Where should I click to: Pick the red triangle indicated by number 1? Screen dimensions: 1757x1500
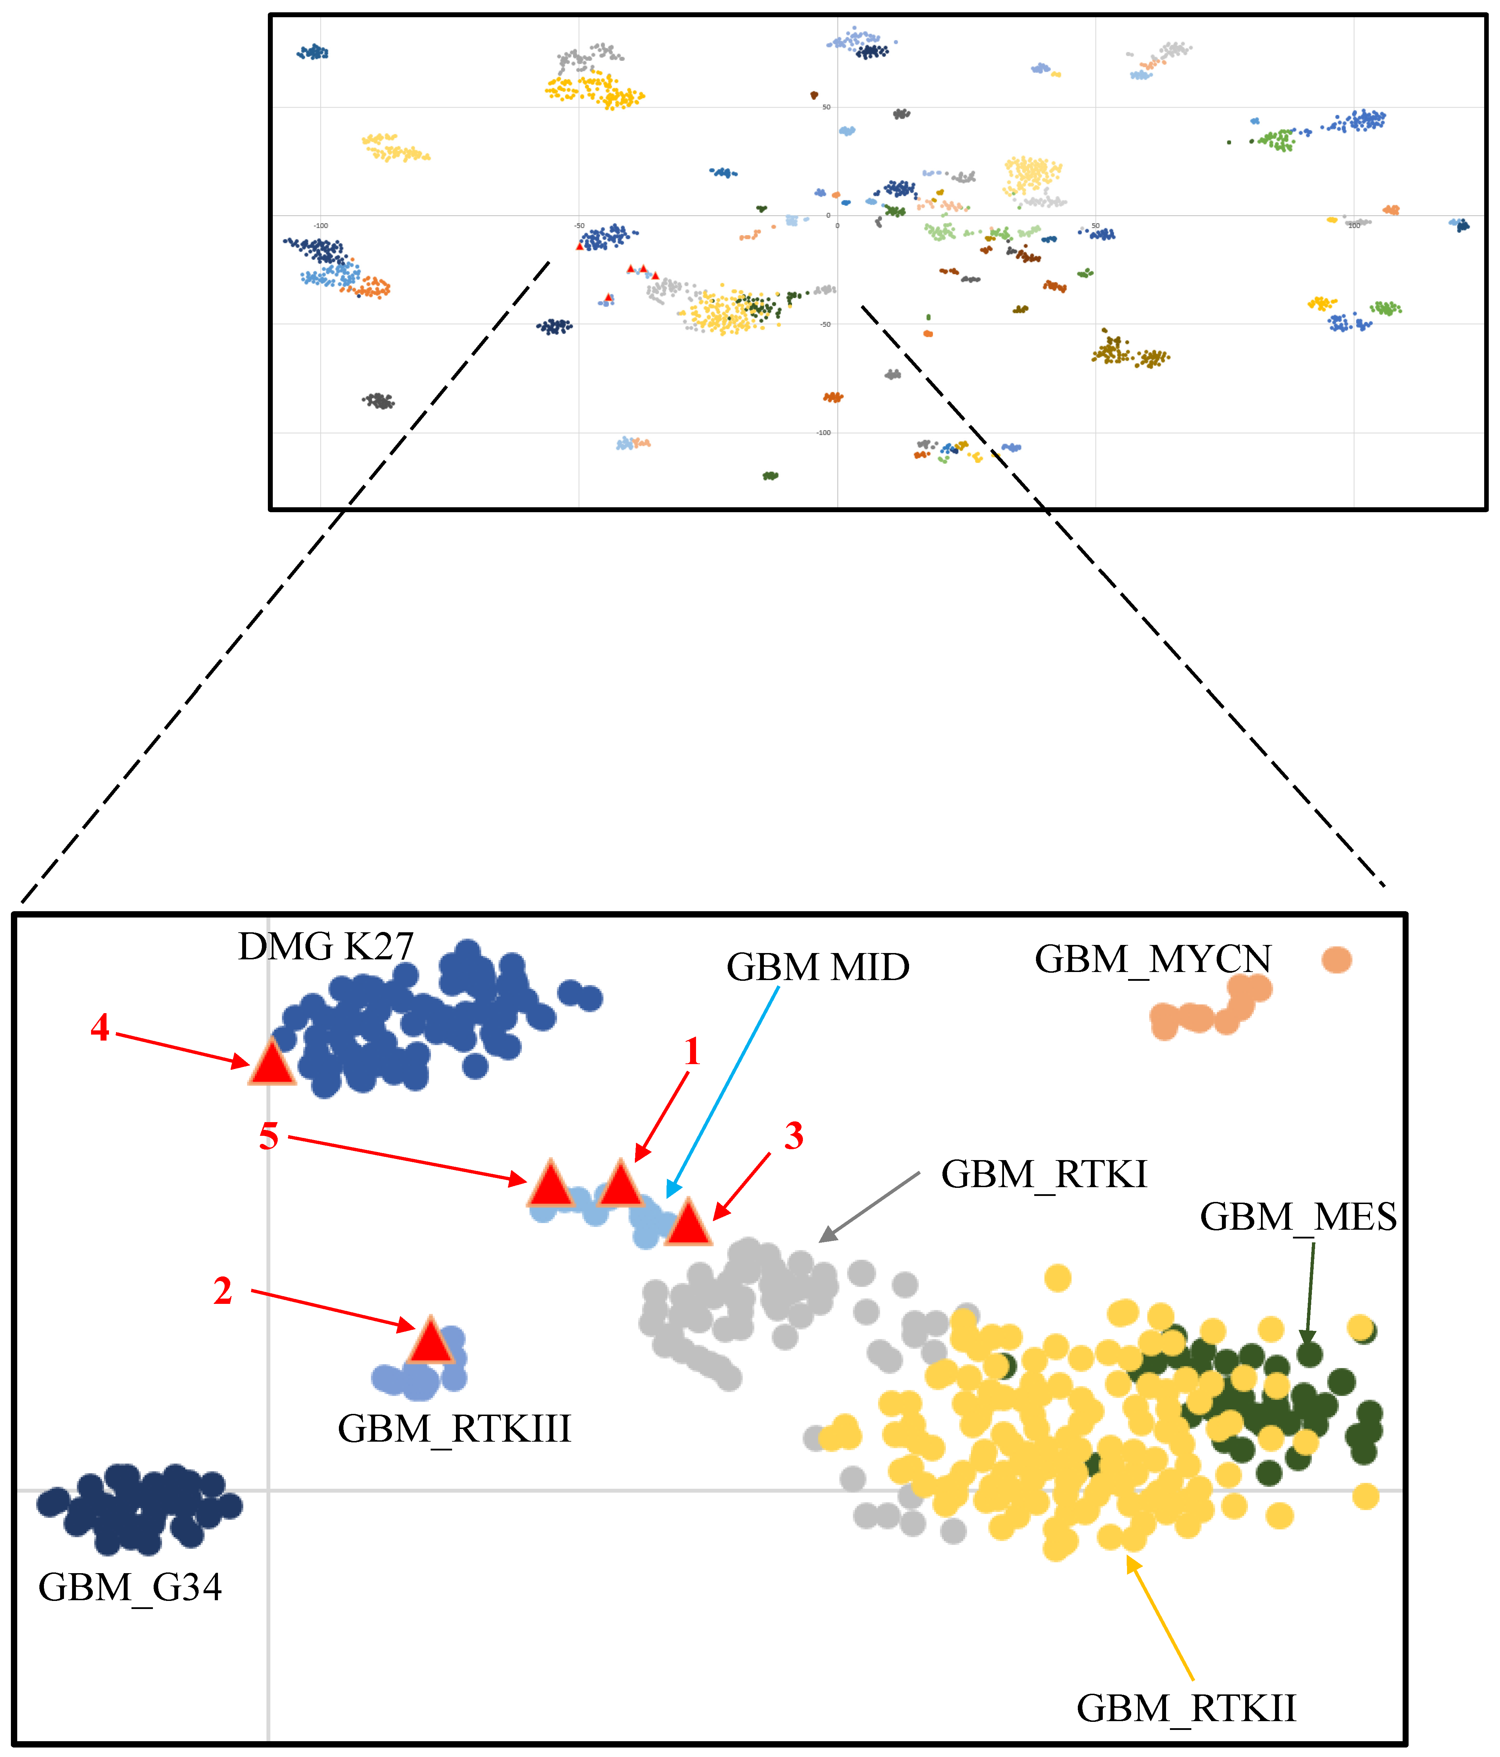tap(621, 1185)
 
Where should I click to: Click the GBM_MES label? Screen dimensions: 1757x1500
tap(1298, 1218)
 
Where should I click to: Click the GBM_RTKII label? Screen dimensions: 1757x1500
tap(1186, 1709)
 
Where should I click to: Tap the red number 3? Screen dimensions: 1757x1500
tap(794, 1136)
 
